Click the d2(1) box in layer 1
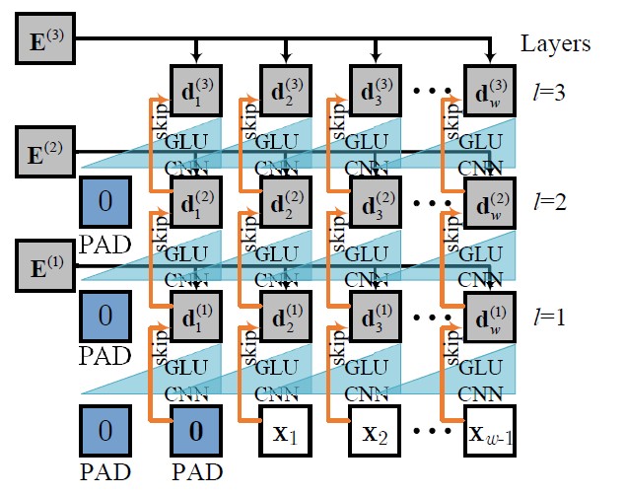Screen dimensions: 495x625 [285, 318]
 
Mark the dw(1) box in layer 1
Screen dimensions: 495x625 [490, 318]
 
